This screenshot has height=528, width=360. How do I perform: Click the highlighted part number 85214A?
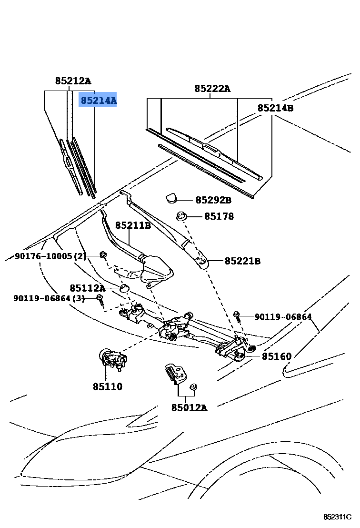pyautogui.click(x=98, y=101)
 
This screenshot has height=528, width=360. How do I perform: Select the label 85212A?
pyautogui.click(x=73, y=81)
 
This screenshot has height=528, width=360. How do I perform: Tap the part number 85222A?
pyautogui.click(x=212, y=89)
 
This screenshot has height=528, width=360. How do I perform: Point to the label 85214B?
pyautogui.click(x=275, y=108)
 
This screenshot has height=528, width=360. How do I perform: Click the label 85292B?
pyautogui.click(x=213, y=200)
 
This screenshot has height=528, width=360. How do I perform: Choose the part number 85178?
pyautogui.click(x=219, y=216)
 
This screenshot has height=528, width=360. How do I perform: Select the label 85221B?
pyautogui.click(x=242, y=261)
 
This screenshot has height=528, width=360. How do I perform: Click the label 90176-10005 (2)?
pyautogui.click(x=50, y=256)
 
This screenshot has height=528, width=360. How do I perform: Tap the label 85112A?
pyautogui.click(x=87, y=288)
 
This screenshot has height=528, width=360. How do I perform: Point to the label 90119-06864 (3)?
pyautogui.click(x=49, y=298)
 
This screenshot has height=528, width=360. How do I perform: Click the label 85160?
pyautogui.click(x=277, y=356)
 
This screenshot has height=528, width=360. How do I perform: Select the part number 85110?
pyautogui.click(x=108, y=386)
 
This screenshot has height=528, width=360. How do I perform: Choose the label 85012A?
pyautogui.click(x=190, y=408)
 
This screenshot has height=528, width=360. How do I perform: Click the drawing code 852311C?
pyautogui.click(x=337, y=517)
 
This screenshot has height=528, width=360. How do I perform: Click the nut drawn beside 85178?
pyautogui.click(x=181, y=216)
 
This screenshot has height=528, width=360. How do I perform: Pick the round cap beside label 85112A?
pyautogui.click(x=124, y=288)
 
